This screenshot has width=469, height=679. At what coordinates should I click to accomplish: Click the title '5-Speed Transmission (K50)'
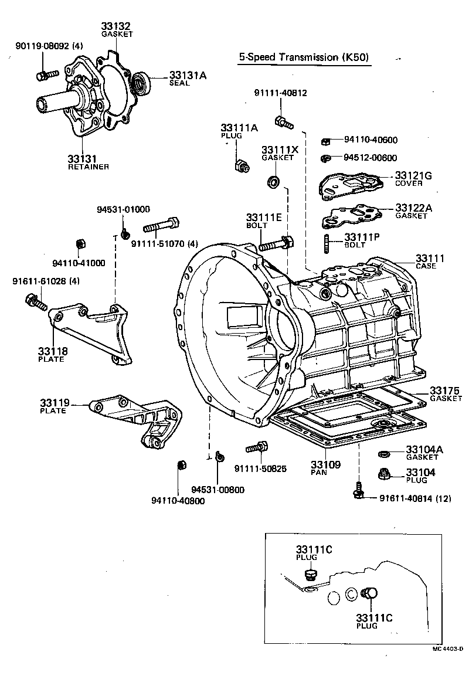click(305, 57)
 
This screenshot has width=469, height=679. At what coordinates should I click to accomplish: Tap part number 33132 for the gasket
click(116, 26)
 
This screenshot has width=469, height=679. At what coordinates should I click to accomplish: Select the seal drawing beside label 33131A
click(141, 82)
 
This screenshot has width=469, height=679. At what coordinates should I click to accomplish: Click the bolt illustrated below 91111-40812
click(282, 122)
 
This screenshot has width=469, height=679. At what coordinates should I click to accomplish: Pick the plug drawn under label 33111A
click(240, 167)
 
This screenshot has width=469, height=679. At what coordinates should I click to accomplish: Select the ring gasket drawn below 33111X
click(273, 182)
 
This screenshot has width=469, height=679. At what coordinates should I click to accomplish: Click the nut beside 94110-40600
click(326, 141)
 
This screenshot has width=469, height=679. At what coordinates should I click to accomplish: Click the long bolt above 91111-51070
click(160, 225)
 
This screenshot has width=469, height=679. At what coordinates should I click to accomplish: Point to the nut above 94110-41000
click(81, 244)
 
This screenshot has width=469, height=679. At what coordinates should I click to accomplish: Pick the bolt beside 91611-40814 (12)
click(358, 491)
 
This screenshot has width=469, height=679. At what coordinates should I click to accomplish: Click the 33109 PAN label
click(325, 467)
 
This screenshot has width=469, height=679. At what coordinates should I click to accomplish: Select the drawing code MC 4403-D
click(448, 649)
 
